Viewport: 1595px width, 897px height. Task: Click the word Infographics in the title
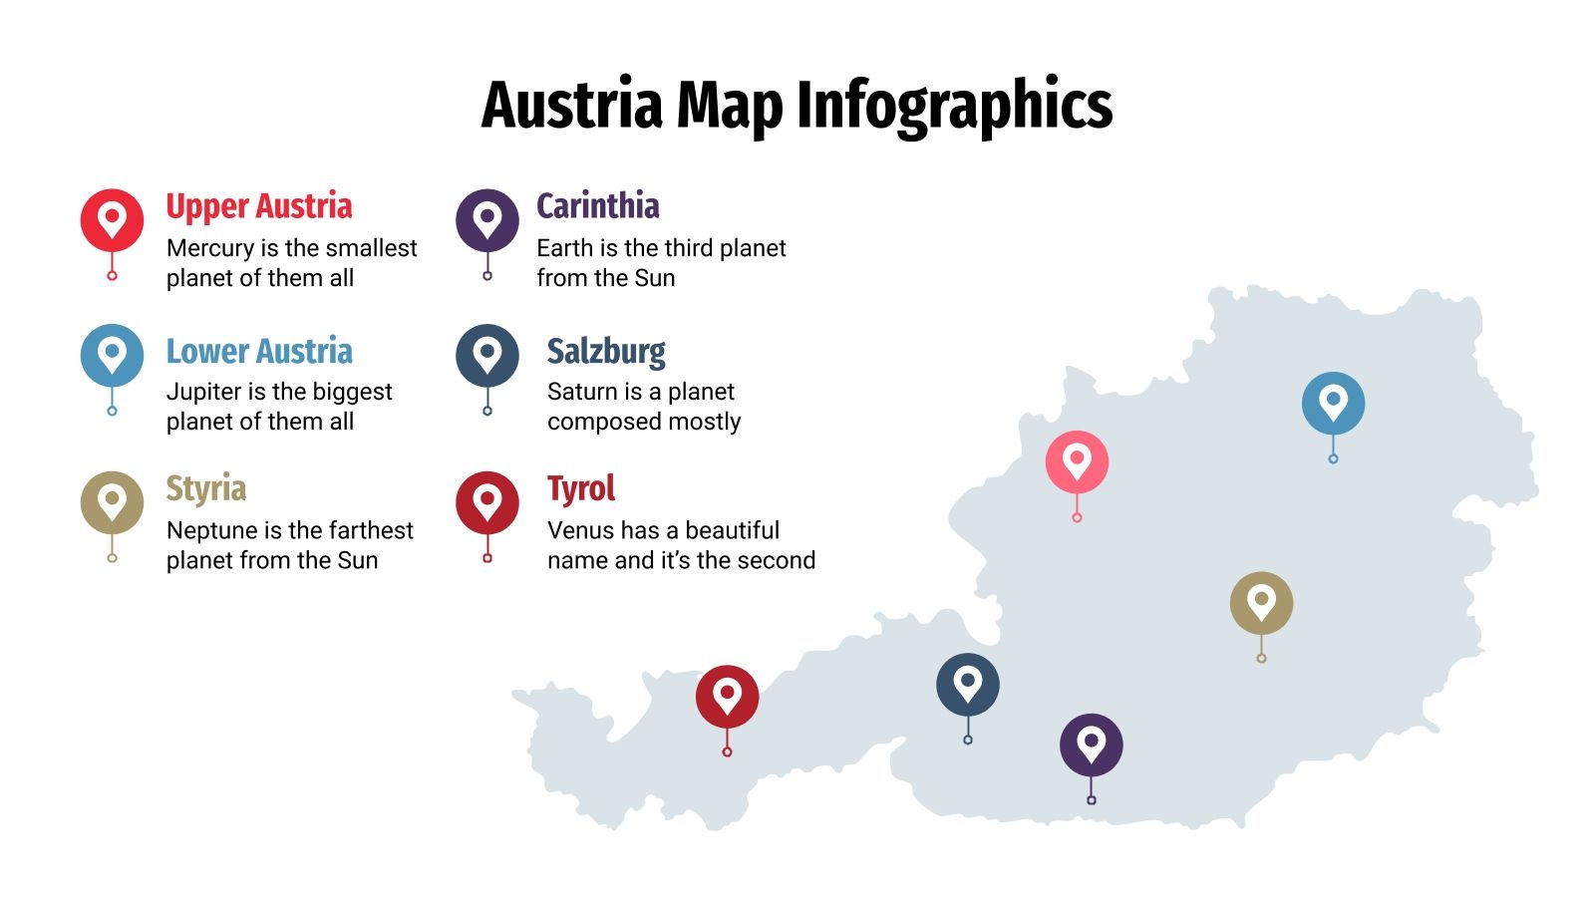click(954, 106)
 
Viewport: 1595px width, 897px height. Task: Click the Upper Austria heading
click(259, 206)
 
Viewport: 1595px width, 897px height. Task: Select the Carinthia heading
click(598, 206)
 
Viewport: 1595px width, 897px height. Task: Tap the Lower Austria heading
click(259, 351)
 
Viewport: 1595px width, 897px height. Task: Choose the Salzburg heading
click(606, 351)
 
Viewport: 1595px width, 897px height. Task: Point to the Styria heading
click(206, 488)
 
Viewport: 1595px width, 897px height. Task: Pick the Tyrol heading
click(581, 488)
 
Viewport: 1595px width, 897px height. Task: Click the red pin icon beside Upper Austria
click(112, 220)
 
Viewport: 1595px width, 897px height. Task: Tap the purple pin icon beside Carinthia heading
click(487, 220)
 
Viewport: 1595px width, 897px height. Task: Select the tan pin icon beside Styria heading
click(112, 502)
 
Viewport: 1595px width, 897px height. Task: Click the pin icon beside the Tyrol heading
click(487, 502)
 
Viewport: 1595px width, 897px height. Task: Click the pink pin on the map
click(1077, 462)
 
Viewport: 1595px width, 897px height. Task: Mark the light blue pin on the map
click(1333, 404)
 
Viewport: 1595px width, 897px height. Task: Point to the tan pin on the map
click(1261, 603)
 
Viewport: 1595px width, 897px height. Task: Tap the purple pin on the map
click(1091, 745)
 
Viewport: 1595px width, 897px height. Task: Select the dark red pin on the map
click(727, 697)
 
